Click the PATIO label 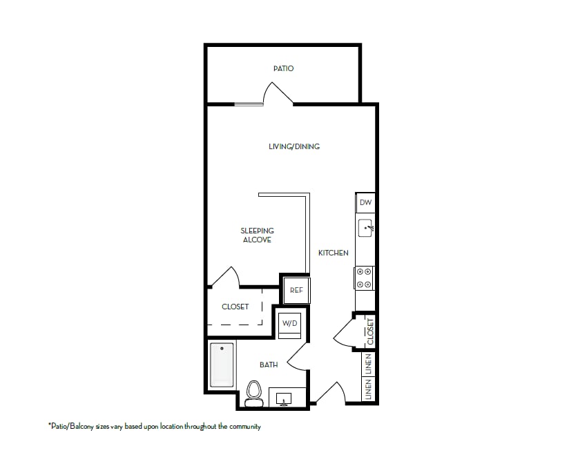point(283,68)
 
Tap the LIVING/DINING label point(294,146)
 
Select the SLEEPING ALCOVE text point(257,235)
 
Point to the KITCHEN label point(333,253)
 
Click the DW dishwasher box point(366,203)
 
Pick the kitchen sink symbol point(365,226)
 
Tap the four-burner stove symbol point(364,278)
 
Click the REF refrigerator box point(296,291)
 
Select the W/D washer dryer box point(289,323)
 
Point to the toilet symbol point(253,391)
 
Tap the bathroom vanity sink point(284,398)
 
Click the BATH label point(269,365)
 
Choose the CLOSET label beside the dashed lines point(235,307)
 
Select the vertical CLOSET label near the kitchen point(370,331)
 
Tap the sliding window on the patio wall point(248,105)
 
